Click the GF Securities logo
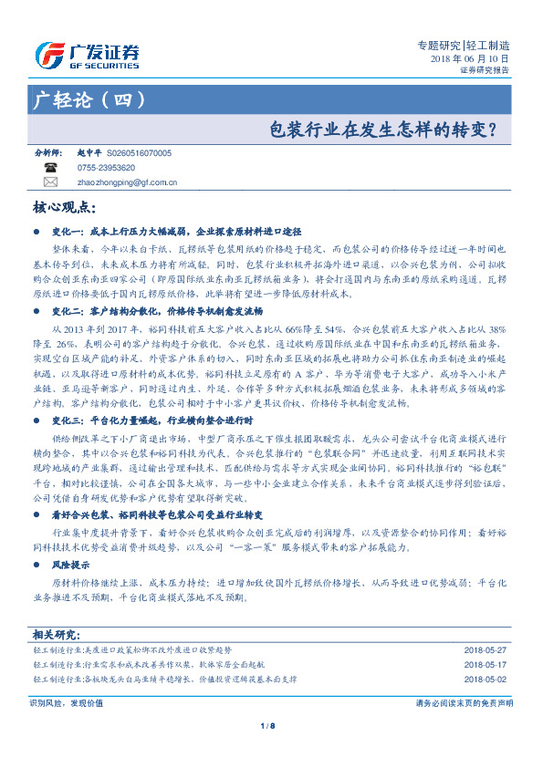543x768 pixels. coord(86,57)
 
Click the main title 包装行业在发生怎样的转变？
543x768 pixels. coord(389,129)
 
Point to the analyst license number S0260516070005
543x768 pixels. coord(139,154)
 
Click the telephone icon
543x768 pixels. coord(50,168)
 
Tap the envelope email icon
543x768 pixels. coord(50,182)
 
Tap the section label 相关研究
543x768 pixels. coord(57,633)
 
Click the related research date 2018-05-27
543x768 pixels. coord(485,650)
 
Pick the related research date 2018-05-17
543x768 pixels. coord(485,665)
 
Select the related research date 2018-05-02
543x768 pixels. coord(485,680)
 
